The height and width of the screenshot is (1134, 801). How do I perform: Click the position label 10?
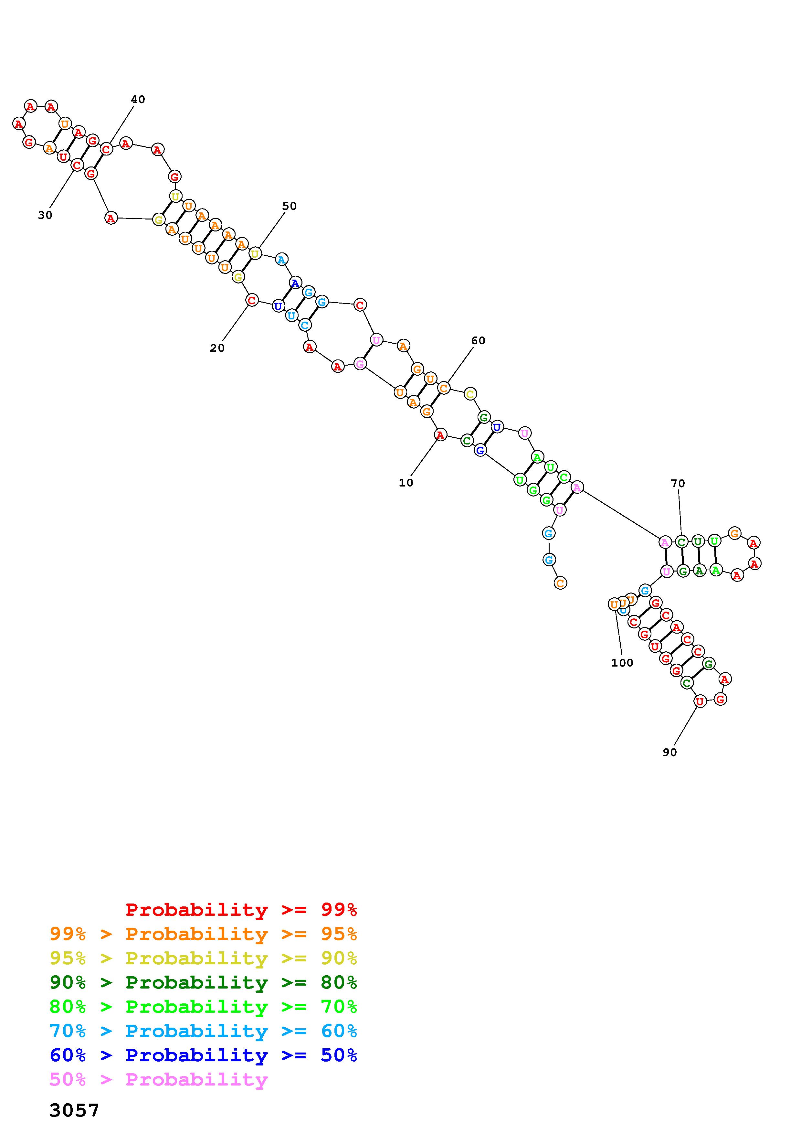[x=406, y=483]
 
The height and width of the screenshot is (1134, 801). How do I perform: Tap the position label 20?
[x=217, y=348]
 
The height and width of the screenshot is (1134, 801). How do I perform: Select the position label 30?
[x=45, y=215]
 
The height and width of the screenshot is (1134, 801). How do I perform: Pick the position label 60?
[x=478, y=341]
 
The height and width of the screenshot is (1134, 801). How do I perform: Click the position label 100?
[x=622, y=663]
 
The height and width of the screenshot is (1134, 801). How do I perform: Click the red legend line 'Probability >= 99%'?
[x=241, y=910]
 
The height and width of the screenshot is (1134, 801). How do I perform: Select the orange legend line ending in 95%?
[x=203, y=934]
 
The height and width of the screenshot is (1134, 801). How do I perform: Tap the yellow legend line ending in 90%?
[x=203, y=958]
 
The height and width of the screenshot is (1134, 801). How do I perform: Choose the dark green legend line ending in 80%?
[x=203, y=982]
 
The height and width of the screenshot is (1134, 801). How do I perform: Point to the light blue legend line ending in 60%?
[x=203, y=1031]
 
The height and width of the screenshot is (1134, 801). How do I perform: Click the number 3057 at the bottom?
[x=75, y=1110]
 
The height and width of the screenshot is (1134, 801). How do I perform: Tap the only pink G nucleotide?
[x=360, y=364]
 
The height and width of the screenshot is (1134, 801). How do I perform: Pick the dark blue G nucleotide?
[x=480, y=450]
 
